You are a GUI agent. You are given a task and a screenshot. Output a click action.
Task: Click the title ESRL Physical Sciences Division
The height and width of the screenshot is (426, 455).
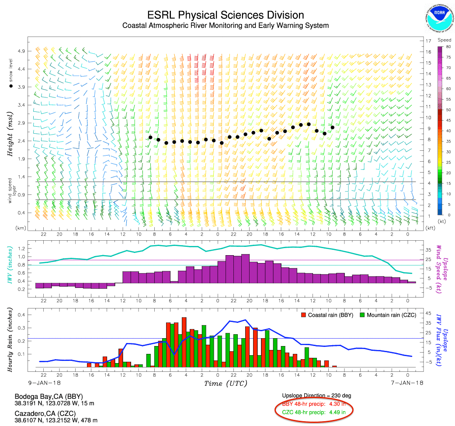pos(225,15)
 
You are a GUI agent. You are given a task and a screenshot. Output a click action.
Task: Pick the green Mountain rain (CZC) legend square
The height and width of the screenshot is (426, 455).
pos(362,315)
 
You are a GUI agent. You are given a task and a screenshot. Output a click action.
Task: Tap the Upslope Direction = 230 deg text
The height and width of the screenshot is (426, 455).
pos(317,396)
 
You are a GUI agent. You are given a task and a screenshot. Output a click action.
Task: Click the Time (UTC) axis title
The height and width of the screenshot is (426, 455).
pos(225,384)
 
